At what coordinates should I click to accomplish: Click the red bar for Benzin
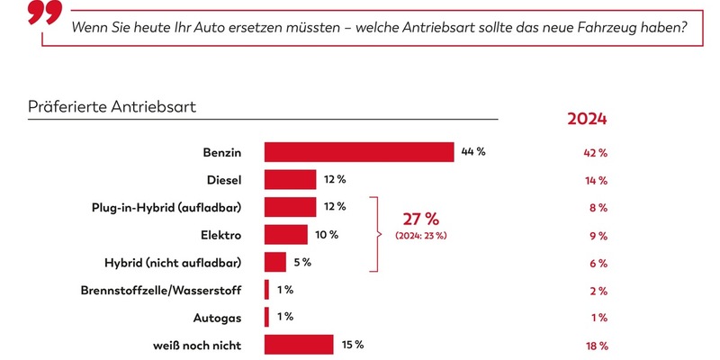358,152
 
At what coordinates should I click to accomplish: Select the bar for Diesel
290,180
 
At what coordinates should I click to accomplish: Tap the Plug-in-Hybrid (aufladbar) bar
290,207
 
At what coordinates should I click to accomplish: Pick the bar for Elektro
285,235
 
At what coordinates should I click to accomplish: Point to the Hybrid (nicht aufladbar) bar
274,263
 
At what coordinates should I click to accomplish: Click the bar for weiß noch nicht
299,345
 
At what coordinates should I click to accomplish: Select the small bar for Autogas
266,318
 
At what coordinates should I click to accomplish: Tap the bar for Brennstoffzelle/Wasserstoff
266,290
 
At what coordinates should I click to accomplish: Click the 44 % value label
473,152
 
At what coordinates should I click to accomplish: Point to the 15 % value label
352,345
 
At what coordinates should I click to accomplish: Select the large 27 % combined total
419,219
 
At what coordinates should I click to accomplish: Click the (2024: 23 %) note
421,236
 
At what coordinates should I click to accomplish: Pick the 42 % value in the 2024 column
596,153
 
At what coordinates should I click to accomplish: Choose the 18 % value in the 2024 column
596,346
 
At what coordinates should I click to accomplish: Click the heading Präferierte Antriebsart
113,107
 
